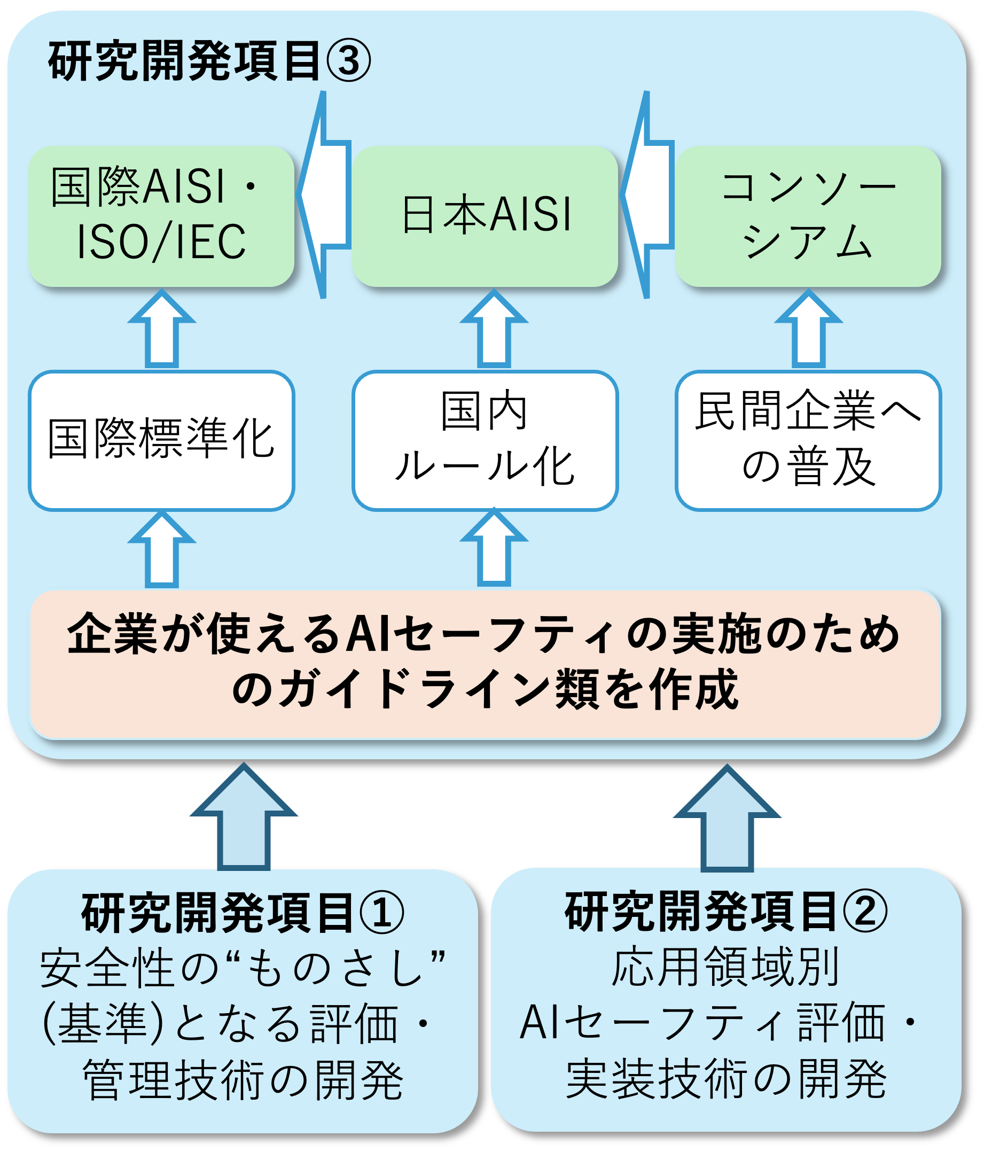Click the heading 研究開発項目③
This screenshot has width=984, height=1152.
click(209, 60)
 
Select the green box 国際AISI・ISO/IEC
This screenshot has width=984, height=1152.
click(161, 216)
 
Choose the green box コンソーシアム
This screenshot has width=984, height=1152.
click(808, 216)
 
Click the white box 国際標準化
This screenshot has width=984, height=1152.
click(161, 440)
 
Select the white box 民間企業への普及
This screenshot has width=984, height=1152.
click(808, 440)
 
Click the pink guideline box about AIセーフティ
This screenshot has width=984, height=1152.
click(485, 664)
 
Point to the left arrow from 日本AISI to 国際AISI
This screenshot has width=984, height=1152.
click(324, 194)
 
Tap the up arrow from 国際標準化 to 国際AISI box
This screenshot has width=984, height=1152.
click(161, 331)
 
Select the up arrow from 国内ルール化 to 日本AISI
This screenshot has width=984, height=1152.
click(494, 331)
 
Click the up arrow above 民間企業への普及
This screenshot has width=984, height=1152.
click(808, 331)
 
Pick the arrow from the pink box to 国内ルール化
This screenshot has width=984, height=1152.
click(494, 550)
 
